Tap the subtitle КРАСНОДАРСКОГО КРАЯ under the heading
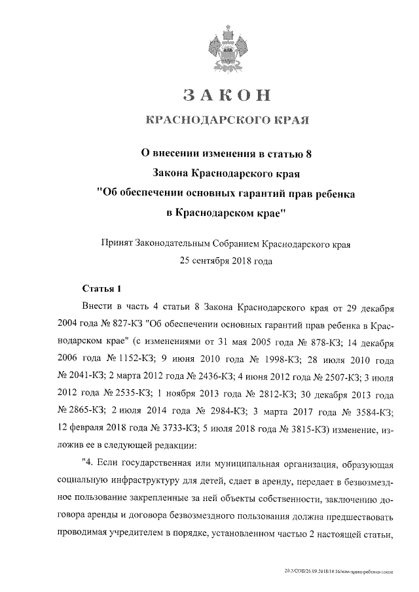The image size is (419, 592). coord(227,120)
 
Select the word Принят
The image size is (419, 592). coord(115,244)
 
